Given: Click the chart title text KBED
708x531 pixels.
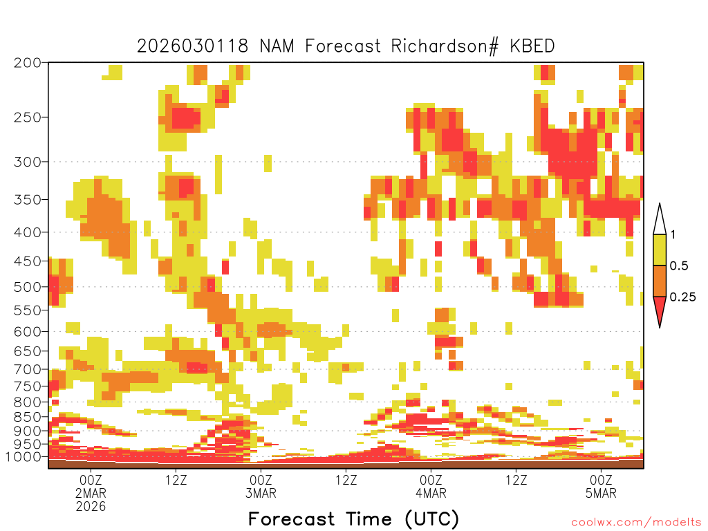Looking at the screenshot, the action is [532, 46].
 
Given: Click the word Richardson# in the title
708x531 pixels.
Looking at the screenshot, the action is [445, 46].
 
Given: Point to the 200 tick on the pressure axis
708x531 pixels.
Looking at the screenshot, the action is [28, 63].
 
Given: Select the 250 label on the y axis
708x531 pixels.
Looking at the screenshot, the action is [28, 118].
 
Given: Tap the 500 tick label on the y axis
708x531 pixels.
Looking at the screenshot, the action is [28, 287].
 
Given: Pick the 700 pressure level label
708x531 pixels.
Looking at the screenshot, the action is [28, 369].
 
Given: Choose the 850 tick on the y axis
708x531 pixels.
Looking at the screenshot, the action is [28, 417].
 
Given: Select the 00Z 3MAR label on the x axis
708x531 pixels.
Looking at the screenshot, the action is [261, 487].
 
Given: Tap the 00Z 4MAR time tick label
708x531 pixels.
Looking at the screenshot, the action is [431, 487].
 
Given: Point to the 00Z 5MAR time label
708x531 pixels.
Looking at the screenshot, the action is [601, 487].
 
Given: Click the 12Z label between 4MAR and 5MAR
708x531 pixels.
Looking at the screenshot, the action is [516, 480].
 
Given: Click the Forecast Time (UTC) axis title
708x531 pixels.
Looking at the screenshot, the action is [353, 519].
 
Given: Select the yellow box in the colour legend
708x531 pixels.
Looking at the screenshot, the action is [660, 250].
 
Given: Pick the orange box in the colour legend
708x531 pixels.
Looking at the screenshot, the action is [660, 281].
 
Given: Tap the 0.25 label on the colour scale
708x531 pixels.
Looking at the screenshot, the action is [682, 297].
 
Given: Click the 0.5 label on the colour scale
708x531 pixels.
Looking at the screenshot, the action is [679, 266].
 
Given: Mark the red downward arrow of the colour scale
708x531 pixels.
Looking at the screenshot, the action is [660, 309].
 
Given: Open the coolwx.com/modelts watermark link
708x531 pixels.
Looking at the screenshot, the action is [636, 523].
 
